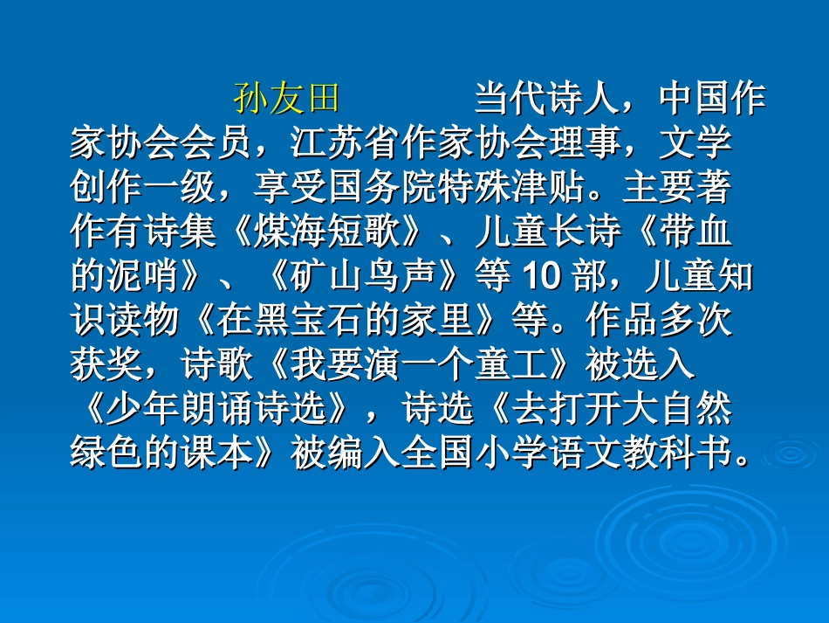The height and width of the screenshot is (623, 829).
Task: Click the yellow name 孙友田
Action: [x=286, y=99]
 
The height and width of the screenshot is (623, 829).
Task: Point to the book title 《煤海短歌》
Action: [x=328, y=232]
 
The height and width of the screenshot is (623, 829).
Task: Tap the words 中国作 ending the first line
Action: [x=712, y=99]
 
